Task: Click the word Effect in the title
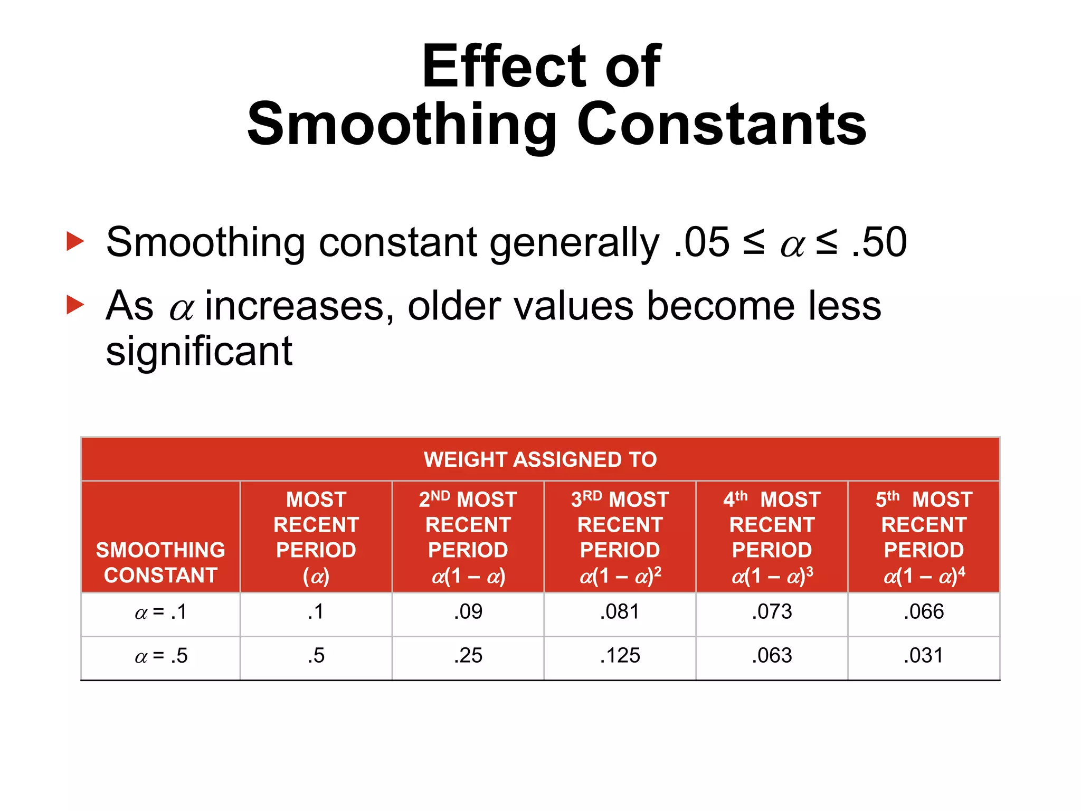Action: [x=504, y=67]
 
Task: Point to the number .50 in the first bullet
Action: [x=879, y=242]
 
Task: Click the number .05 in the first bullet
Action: [x=701, y=242]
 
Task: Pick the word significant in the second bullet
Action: [x=199, y=351]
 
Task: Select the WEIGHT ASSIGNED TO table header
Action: [x=540, y=459]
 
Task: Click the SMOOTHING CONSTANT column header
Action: [x=160, y=562]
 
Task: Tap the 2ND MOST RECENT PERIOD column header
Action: [x=468, y=537]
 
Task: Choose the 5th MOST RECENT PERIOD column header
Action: [x=924, y=537]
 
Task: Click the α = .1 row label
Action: [x=160, y=612]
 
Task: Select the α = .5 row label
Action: [x=160, y=656]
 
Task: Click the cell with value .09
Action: [x=468, y=612]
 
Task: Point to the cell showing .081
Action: [x=620, y=612]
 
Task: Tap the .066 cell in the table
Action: [x=924, y=612]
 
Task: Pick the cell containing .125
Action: [x=620, y=656]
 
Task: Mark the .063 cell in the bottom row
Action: [x=772, y=656]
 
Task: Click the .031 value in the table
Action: [x=924, y=656]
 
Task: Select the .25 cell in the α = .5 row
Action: [x=468, y=656]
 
